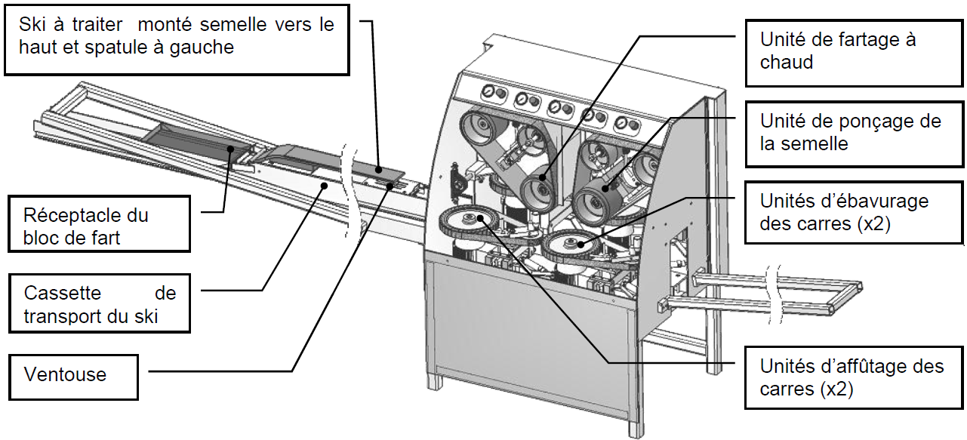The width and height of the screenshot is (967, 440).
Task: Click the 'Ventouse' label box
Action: click(x=72, y=374)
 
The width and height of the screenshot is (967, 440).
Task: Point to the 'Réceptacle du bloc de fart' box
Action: click(x=97, y=226)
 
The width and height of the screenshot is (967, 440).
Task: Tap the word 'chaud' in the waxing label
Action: click(x=787, y=62)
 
